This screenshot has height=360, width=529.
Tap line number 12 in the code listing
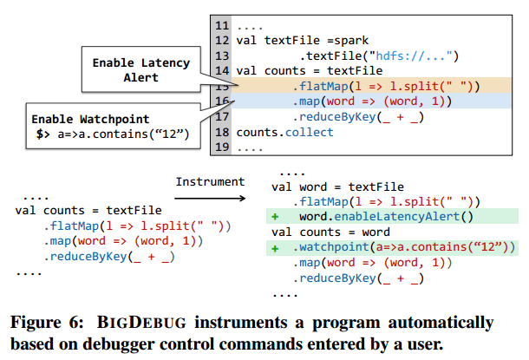(x=222, y=41)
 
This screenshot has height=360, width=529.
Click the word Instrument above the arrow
(x=210, y=181)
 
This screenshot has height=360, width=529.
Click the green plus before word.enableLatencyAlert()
(x=275, y=217)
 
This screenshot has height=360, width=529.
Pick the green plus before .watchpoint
(x=275, y=248)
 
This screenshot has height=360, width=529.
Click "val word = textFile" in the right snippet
(x=338, y=187)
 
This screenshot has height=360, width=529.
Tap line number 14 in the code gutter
(x=222, y=71)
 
